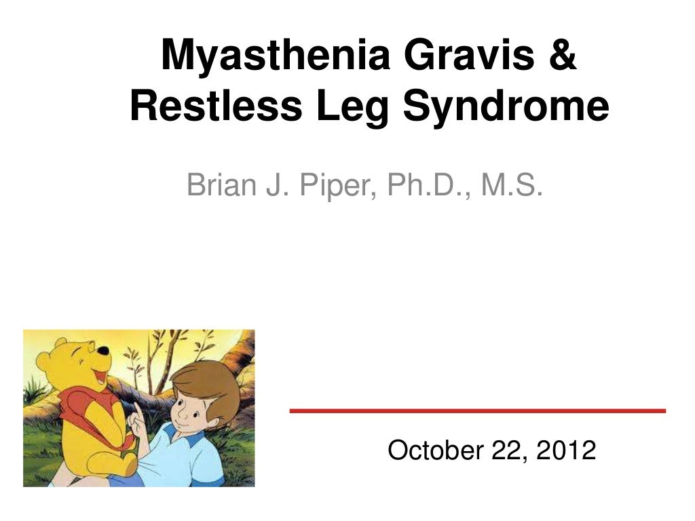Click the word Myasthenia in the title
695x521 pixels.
point(275,56)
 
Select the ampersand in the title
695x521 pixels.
point(561,56)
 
